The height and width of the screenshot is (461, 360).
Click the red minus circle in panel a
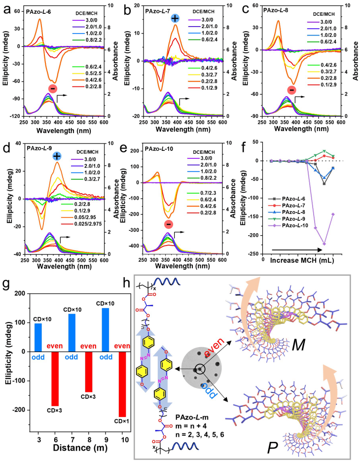point(52,88)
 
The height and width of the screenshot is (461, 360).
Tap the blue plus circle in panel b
point(175,19)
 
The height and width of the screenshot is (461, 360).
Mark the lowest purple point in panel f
point(324,244)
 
